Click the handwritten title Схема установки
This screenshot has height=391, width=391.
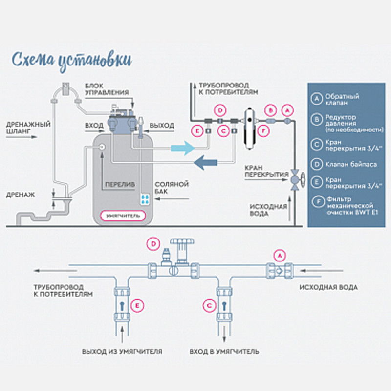pos(71,60)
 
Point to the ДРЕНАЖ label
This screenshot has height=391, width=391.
pos(21,195)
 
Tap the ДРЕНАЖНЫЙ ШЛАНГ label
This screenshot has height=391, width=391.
pos(28,128)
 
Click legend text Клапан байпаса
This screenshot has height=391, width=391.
pos(350,165)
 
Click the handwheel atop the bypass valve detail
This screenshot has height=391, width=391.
pos(183,243)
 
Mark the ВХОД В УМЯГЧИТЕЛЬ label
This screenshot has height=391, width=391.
pos(225,351)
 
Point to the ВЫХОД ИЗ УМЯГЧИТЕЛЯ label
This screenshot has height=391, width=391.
pos(122,351)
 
